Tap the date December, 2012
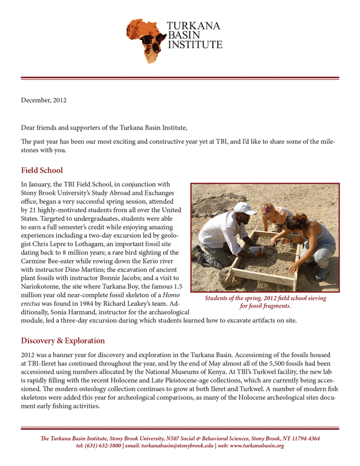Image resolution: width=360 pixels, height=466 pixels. coord(44,100)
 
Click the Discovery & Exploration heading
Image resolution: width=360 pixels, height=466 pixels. coord(63,341)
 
